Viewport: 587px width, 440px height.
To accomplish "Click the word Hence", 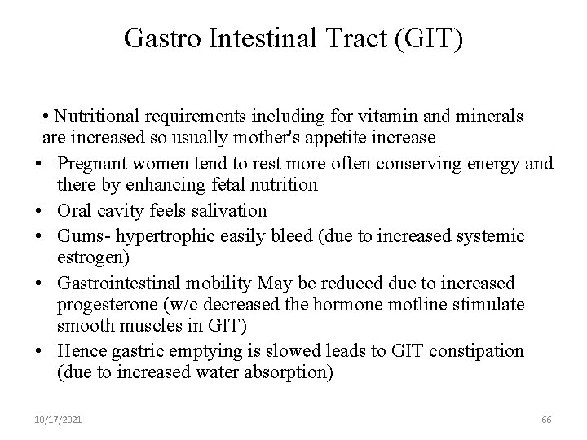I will point(80,351).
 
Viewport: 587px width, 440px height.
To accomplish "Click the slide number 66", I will point(545,419).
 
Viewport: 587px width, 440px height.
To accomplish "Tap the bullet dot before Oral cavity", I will point(40,210).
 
